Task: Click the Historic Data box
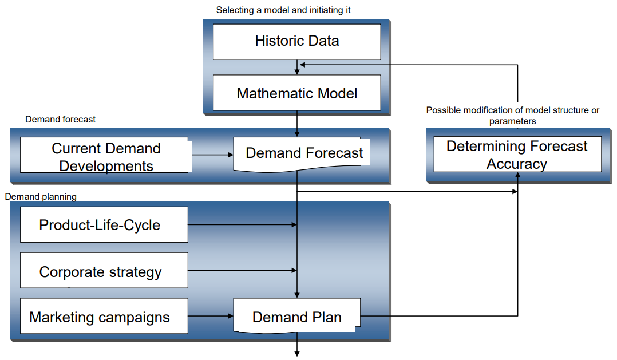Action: click(296, 41)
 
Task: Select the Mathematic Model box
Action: click(296, 93)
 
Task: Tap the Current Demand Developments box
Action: click(106, 156)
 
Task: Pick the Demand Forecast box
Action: click(303, 153)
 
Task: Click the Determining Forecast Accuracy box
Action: click(517, 155)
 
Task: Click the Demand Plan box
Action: click(296, 317)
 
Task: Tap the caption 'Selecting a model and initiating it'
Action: click(283, 10)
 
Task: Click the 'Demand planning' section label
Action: click(41, 197)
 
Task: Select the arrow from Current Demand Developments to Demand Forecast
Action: click(211, 155)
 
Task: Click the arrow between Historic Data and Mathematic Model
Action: click(297, 68)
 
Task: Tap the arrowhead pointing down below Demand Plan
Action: click(297, 353)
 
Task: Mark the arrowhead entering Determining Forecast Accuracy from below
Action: click(517, 176)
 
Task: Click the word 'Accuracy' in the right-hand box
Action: click(517, 164)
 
